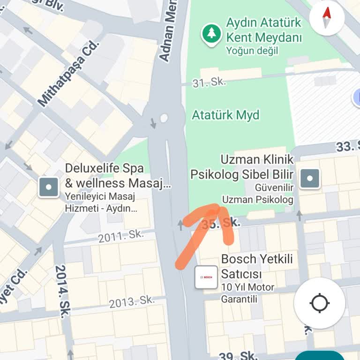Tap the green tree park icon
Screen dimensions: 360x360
point(211,33)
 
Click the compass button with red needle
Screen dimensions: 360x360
point(327,18)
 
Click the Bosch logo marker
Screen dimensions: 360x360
point(206,277)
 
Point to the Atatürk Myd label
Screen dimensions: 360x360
point(225,115)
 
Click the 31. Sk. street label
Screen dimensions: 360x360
point(210,82)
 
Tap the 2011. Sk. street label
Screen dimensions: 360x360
point(121,236)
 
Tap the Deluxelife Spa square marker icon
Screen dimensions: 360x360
point(49,187)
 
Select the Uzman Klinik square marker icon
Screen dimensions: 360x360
point(309,178)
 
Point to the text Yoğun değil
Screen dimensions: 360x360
point(252,50)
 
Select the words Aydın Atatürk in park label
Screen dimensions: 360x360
point(264,22)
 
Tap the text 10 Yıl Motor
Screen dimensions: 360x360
point(248,287)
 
